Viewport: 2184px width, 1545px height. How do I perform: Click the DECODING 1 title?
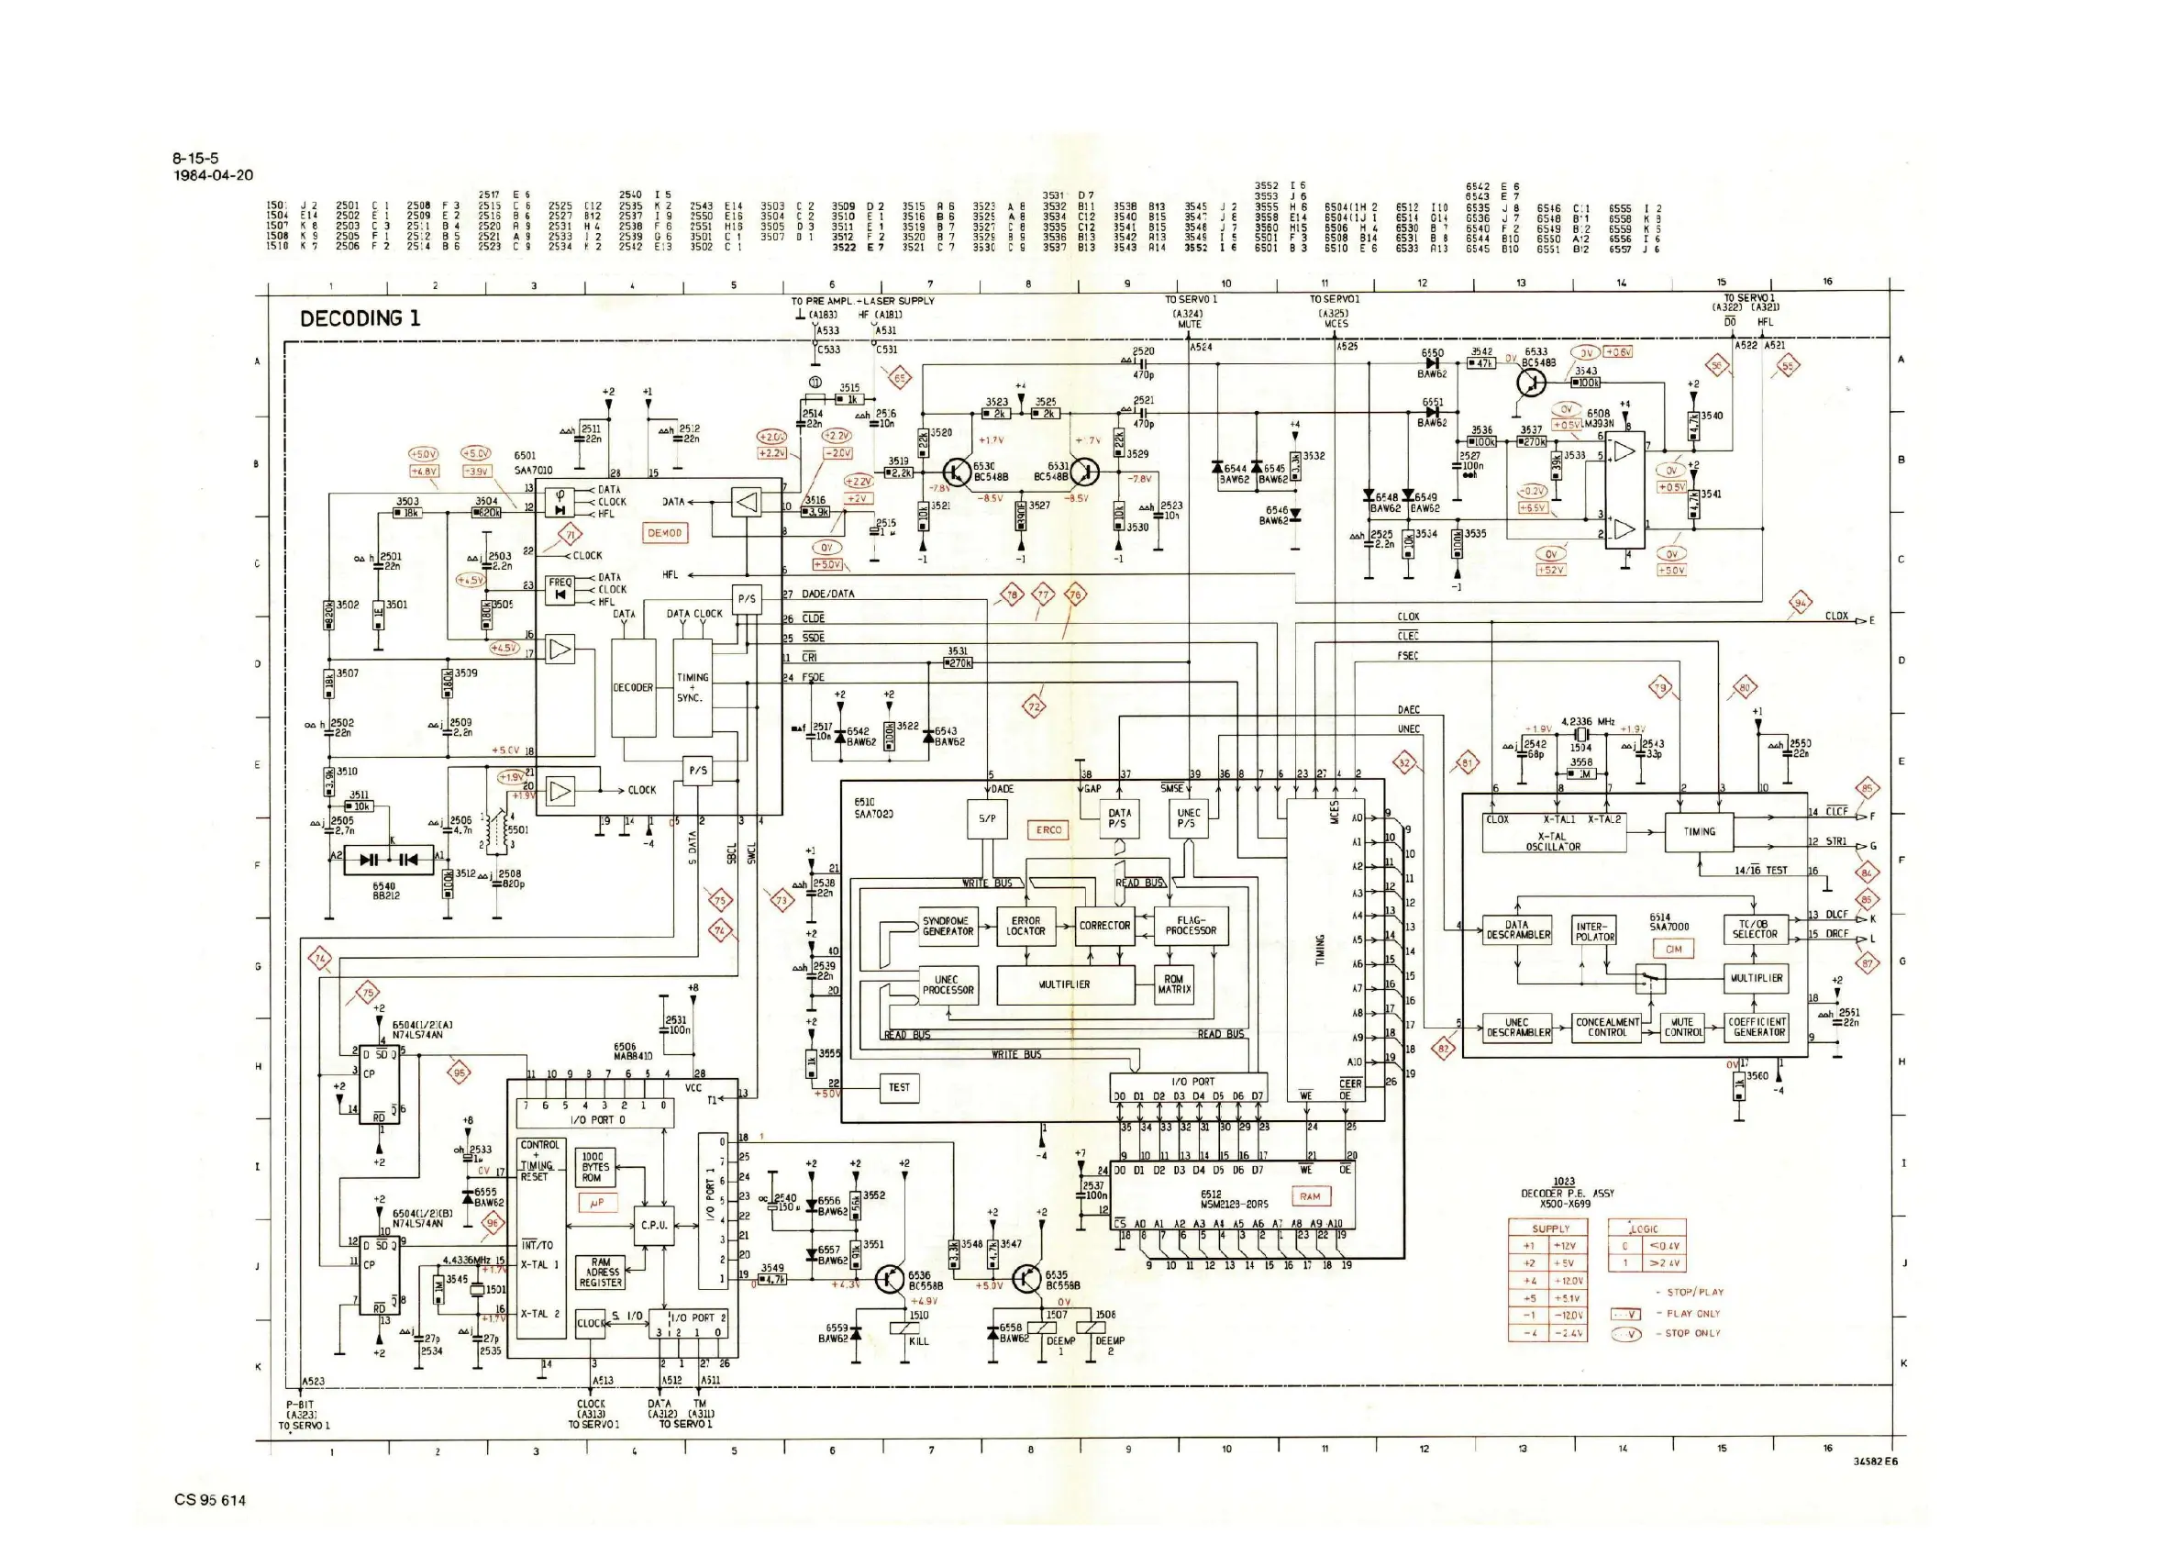tap(360, 318)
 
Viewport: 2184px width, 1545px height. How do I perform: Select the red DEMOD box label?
tap(665, 534)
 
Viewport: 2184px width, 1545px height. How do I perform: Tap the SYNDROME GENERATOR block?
tap(948, 926)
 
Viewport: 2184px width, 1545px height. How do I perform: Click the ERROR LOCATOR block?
tap(1025, 926)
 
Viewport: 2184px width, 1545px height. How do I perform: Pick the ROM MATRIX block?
tap(1174, 984)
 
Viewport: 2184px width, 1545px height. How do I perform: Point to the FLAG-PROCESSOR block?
tap(1190, 926)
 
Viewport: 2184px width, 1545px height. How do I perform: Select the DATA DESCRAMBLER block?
tap(1517, 929)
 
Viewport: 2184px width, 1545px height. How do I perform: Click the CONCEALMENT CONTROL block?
tap(1607, 1028)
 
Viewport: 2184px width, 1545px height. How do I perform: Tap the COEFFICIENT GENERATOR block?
tap(1757, 1028)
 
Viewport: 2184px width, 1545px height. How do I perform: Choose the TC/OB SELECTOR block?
tap(1754, 928)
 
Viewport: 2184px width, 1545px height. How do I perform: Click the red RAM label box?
tap(1310, 1196)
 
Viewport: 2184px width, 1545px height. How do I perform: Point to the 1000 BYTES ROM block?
tap(596, 1166)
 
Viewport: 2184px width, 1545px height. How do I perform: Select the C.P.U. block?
tap(653, 1226)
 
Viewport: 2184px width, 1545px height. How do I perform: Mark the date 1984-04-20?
tap(213, 175)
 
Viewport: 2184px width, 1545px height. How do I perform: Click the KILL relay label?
tap(918, 1341)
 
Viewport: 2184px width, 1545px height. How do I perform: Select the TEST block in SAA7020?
tap(899, 1087)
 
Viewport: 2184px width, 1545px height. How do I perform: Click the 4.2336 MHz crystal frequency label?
tap(1588, 722)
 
